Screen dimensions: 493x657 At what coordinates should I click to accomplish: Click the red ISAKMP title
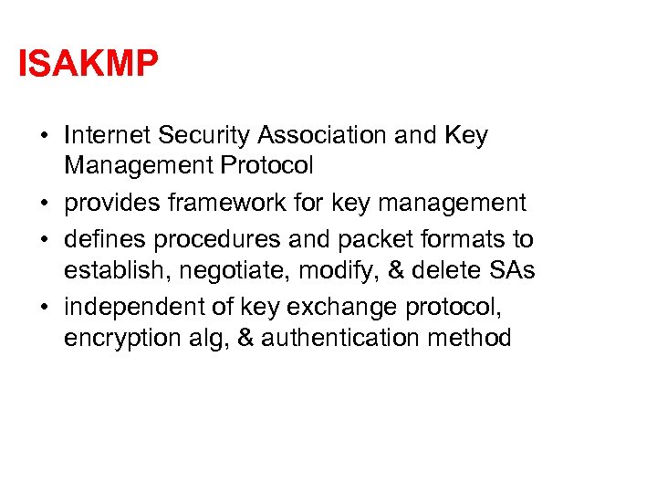click(x=89, y=64)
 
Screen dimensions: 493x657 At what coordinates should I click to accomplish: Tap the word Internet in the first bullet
click(x=107, y=136)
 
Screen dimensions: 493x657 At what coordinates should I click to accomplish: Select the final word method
click(x=472, y=339)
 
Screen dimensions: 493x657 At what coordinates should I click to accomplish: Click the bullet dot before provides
click(x=44, y=204)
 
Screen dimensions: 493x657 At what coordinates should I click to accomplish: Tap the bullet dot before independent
click(x=44, y=307)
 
